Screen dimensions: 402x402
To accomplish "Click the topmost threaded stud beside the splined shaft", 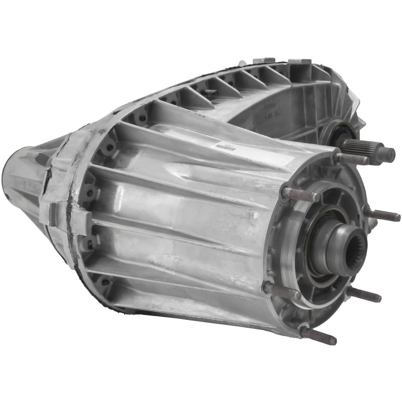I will pyautogui.click(x=352, y=158).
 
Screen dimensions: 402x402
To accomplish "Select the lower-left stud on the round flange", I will pyautogui.click(x=282, y=290).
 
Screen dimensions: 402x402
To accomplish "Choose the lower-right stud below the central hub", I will pyautogui.click(x=363, y=294).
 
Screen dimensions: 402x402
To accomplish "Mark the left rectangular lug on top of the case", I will pyautogui.click(x=263, y=61).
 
